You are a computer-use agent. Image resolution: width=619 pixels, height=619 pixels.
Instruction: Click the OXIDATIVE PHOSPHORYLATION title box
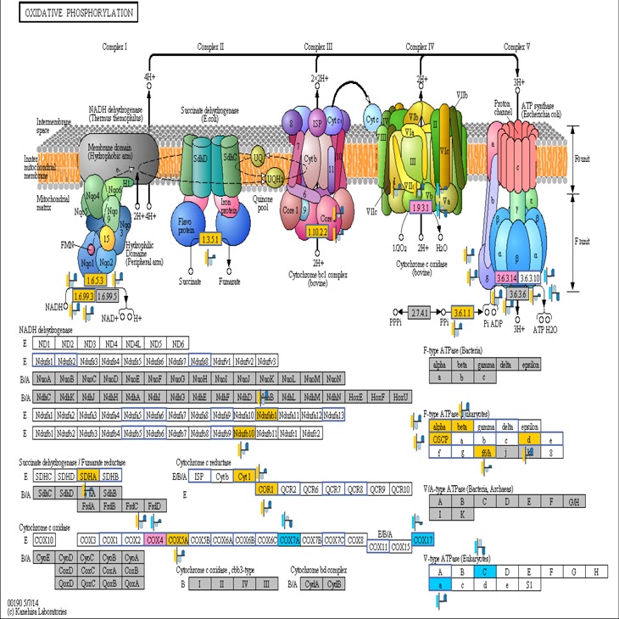pyautogui.click(x=73, y=14)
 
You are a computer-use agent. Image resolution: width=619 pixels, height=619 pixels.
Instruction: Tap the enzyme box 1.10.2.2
pyautogui.click(x=316, y=230)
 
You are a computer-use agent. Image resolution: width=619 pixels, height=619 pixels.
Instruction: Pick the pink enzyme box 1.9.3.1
pyautogui.click(x=421, y=208)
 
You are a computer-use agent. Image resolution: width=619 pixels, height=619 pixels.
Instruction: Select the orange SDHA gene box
pyautogui.click(x=88, y=477)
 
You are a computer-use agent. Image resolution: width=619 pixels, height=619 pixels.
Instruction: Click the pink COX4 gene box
pyautogui.click(x=155, y=540)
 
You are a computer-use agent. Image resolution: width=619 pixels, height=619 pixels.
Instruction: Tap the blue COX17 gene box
pyautogui.click(x=423, y=540)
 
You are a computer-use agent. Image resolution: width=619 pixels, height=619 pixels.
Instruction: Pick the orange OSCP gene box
pyautogui.click(x=439, y=439)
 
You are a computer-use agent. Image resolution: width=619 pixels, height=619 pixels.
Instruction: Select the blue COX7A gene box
pyautogui.click(x=289, y=540)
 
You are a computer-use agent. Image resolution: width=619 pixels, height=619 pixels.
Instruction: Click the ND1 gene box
pyautogui.click(x=44, y=344)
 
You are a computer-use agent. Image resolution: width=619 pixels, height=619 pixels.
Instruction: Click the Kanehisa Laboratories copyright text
pyautogui.click(x=36, y=611)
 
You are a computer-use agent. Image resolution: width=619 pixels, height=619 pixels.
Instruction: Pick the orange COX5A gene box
pyautogui.click(x=177, y=540)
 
